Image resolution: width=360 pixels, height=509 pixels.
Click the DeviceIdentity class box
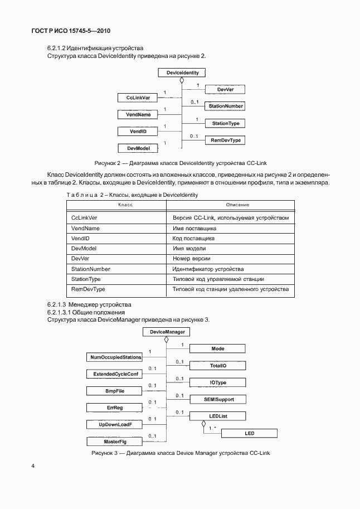point(182,72)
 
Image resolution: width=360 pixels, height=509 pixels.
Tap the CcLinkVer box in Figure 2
point(138,98)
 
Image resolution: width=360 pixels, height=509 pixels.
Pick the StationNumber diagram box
point(225,106)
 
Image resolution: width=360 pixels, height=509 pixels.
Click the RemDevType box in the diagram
point(225,140)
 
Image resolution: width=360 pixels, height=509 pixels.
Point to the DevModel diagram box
point(138,148)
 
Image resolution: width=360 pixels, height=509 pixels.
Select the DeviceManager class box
point(167,332)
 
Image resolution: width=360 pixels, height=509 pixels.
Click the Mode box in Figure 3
point(217,348)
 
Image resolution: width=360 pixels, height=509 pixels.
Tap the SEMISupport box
point(217,399)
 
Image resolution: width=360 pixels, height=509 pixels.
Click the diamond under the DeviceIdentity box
point(182,81)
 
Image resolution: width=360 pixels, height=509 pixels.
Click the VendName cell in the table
point(86,228)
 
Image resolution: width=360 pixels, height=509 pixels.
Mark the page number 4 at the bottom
point(33,466)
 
